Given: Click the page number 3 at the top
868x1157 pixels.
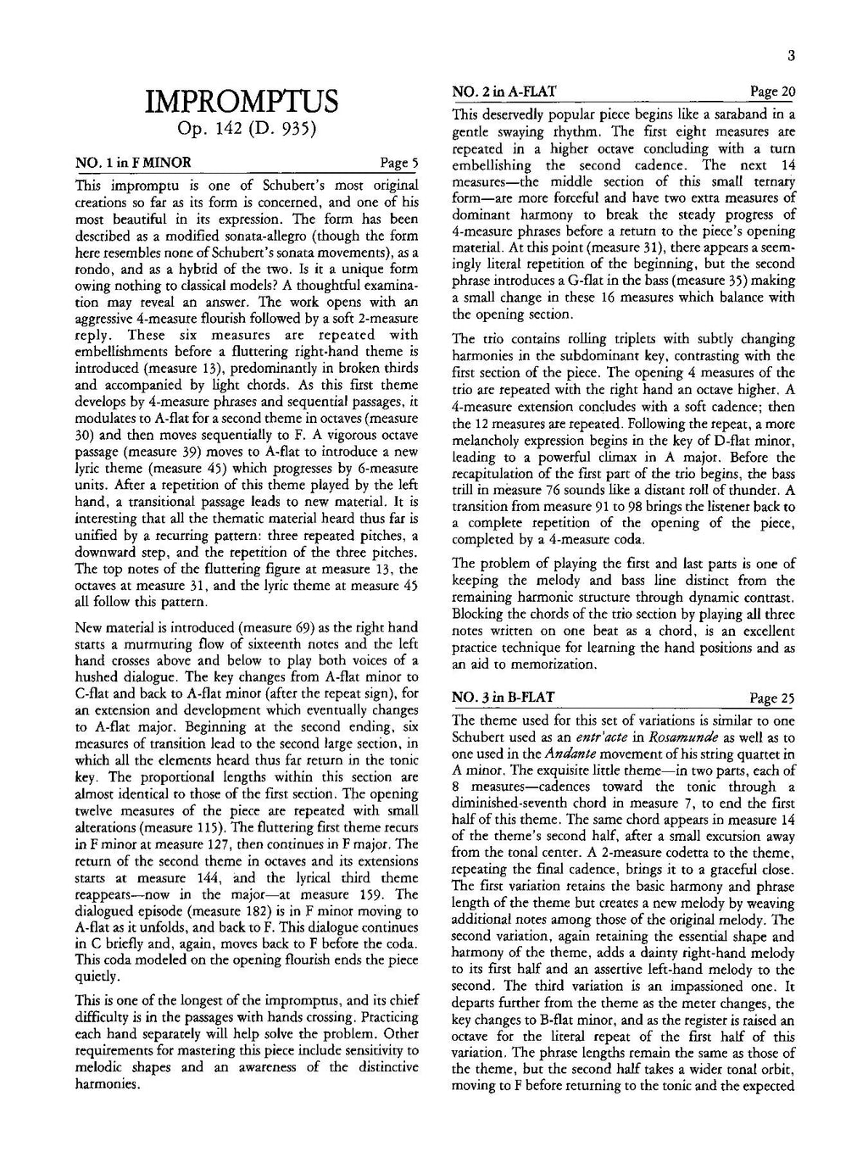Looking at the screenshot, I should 790,57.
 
